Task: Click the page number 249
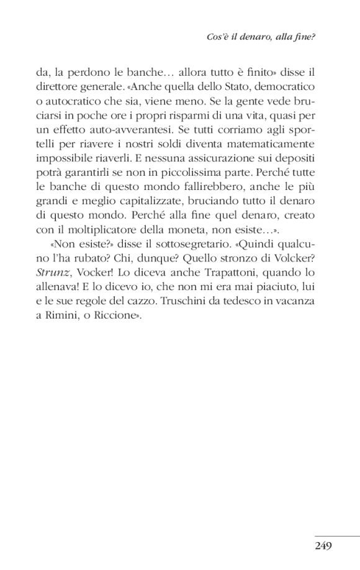pos(324,546)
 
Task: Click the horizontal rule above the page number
pos(336,536)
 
